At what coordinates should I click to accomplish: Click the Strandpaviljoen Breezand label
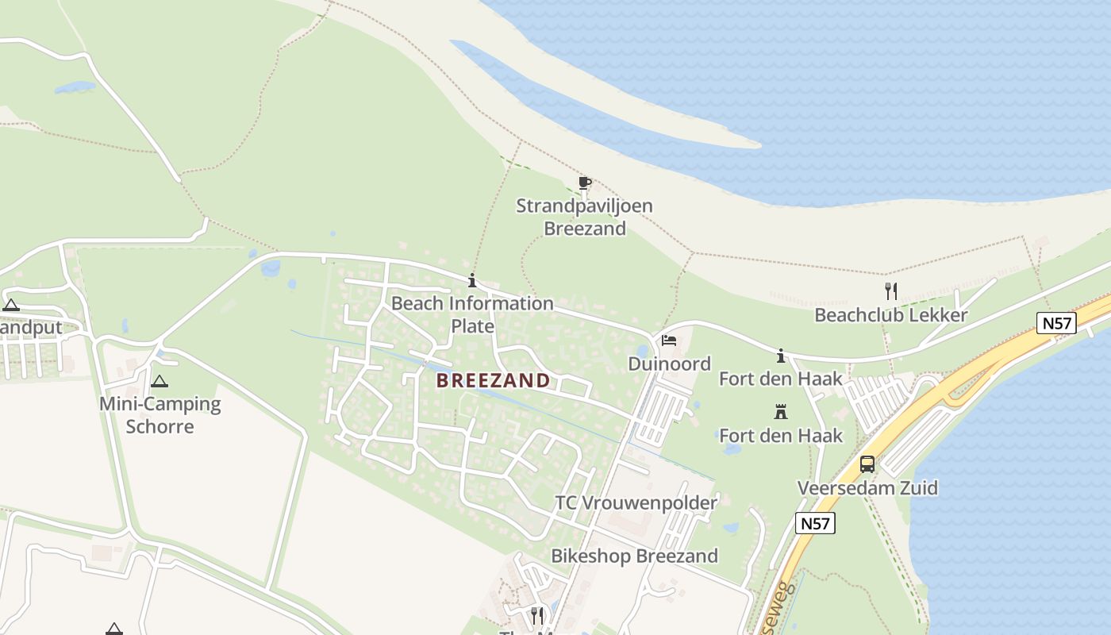tap(584, 217)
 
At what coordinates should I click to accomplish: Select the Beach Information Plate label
tap(472, 314)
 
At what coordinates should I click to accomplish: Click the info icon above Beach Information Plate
tap(472, 280)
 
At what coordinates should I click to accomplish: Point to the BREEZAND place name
tap(493, 380)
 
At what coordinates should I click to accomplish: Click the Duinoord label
tap(669, 364)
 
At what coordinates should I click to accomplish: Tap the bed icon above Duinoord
tap(668, 341)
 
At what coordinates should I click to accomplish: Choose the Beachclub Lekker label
tap(890, 315)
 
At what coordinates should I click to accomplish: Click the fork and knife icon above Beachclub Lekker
tap(890, 291)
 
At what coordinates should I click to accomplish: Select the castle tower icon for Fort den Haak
tap(781, 412)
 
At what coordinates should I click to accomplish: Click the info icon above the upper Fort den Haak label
tap(781, 355)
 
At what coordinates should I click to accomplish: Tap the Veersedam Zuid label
tap(867, 487)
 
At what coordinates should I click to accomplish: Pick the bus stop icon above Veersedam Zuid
tap(867, 464)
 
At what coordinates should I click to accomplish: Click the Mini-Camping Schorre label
tap(160, 414)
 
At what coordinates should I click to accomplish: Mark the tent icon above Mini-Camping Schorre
tap(160, 381)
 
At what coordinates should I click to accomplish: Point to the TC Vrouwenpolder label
tap(636, 502)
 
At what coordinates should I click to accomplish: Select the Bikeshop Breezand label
tap(634, 556)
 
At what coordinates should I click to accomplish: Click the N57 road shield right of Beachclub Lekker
tap(1056, 323)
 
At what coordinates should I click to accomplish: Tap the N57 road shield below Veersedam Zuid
tap(815, 522)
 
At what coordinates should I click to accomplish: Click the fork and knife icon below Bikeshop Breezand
tap(537, 614)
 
